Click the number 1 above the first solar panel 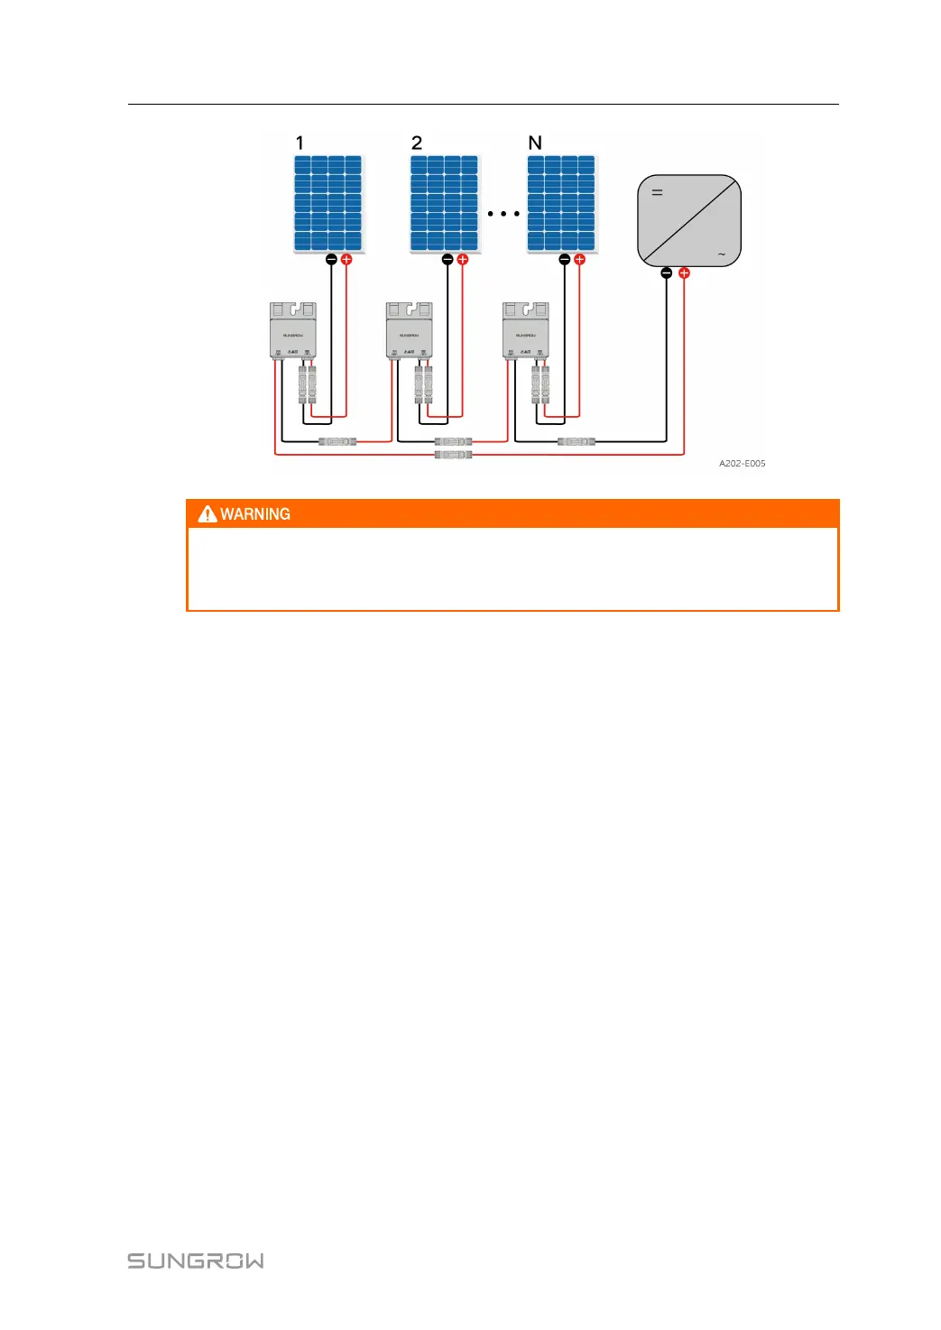click(300, 143)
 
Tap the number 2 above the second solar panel click(417, 143)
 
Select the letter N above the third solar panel click(535, 143)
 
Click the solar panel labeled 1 click(328, 204)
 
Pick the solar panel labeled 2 click(444, 204)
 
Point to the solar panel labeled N click(561, 204)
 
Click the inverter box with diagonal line click(689, 221)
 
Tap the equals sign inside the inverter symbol click(657, 192)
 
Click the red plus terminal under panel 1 click(346, 260)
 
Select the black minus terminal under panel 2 click(447, 260)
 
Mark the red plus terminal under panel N click(579, 260)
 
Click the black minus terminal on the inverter click(667, 272)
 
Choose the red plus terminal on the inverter click(684, 272)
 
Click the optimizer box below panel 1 click(293, 330)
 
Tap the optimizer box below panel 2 click(409, 330)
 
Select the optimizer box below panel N click(525, 330)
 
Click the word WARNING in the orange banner click(255, 514)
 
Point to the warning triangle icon click(208, 514)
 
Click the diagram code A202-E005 click(742, 464)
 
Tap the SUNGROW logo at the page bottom click(196, 1261)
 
